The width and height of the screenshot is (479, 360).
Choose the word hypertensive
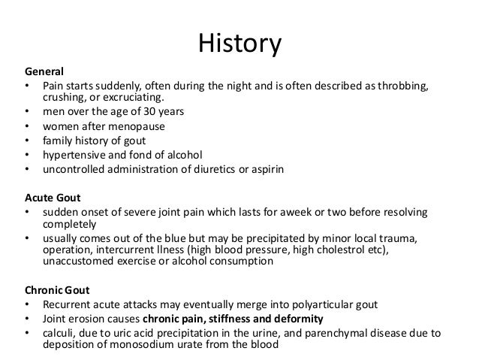point(76,154)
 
